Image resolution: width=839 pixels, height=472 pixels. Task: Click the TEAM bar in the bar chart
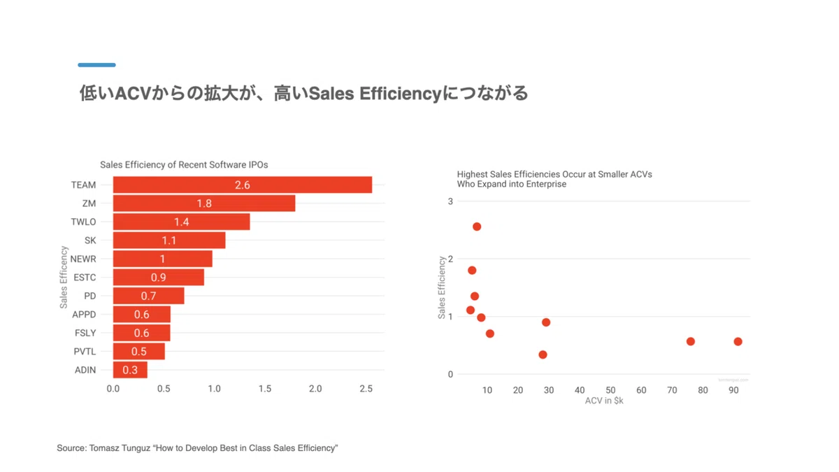tap(243, 185)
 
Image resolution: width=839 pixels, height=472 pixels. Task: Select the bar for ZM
tap(204, 203)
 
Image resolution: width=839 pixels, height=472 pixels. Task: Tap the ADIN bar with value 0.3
tap(130, 370)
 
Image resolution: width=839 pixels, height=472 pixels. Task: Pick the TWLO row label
tap(83, 222)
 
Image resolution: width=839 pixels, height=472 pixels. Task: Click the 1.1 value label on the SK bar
tap(169, 240)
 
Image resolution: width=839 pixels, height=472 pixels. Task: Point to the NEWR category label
tap(83, 259)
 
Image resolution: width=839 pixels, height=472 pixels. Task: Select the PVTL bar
tap(139, 351)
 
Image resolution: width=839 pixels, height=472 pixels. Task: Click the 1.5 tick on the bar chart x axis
tap(265, 389)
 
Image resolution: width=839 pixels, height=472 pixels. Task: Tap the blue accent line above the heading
tap(96, 65)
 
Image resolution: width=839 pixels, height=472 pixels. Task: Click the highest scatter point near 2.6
tap(477, 227)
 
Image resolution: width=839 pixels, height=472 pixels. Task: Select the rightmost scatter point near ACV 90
tap(738, 342)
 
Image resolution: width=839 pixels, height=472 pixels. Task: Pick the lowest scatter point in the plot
tap(543, 355)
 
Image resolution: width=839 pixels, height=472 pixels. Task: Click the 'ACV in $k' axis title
tap(604, 401)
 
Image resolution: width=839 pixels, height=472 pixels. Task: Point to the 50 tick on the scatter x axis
tap(610, 390)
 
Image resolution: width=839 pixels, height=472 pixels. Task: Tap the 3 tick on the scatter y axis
tap(450, 201)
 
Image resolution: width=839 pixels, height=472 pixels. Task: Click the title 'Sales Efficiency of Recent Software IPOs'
tap(184, 165)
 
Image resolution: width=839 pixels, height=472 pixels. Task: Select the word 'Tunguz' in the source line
tap(136, 448)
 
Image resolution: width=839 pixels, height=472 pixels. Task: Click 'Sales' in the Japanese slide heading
tap(331, 93)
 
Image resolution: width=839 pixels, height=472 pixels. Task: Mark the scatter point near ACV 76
tap(691, 341)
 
